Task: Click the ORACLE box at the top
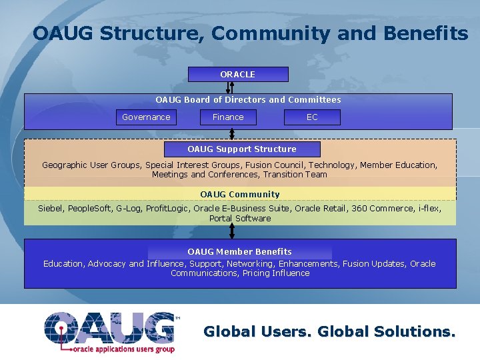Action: point(238,74)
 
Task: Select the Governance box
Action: point(146,117)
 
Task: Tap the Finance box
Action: point(228,117)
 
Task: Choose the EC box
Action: point(312,117)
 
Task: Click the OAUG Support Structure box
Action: point(242,149)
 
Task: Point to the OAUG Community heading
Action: point(240,194)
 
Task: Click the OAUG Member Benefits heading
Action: point(240,251)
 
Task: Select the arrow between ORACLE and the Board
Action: point(232,87)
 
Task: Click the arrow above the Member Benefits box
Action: point(232,231)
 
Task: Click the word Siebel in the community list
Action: point(50,209)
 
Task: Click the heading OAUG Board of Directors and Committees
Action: point(248,100)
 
